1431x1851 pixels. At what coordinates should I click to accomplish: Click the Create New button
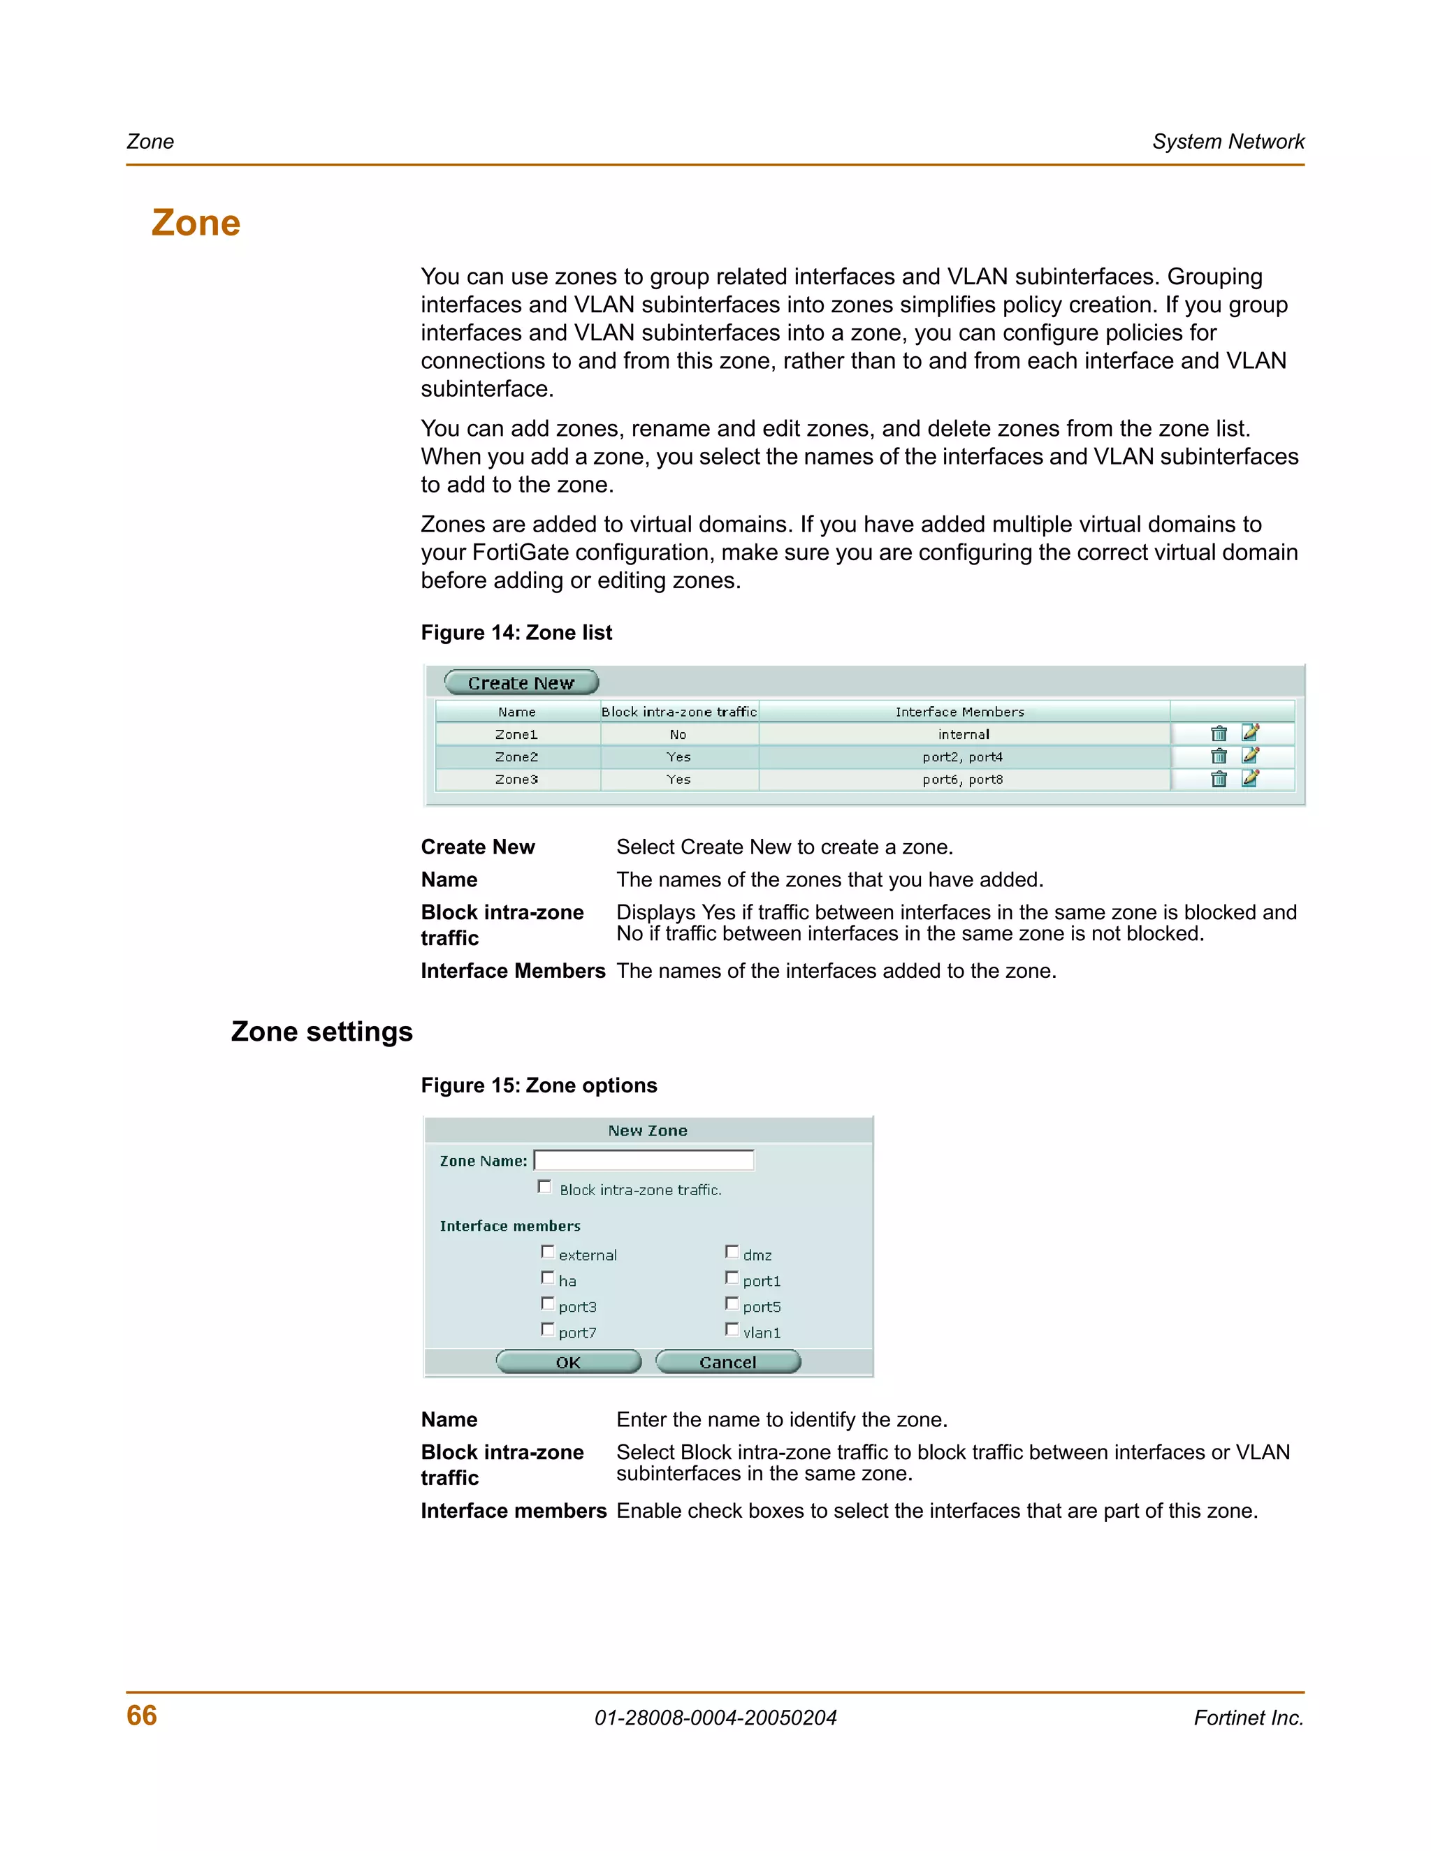pyautogui.click(x=521, y=682)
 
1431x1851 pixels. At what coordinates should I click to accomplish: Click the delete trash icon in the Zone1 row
pyautogui.click(x=1218, y=734)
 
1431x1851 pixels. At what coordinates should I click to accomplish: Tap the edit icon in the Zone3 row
pyautogui.click(x=1249, y=778)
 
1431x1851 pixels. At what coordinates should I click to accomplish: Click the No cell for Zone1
pyautogui.click(x=678, y=735)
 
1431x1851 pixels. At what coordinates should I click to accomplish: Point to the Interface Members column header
pyautogui.click(x=959, y=712)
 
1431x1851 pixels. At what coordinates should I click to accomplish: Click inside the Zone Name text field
pyautogui.click(x=644, y=1160)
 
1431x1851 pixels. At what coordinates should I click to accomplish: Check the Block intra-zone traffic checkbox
pyautogui.click(x=545, y=1187)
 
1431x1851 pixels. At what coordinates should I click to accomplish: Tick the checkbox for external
pyautogui.click(x=548, y=1252)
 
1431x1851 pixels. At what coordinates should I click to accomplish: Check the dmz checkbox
pyautogui.click(x=732, y=1252)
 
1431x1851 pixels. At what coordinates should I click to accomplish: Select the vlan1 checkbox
pyautogui.click(x=732, y=1330)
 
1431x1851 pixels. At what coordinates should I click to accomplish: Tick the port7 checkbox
pyautogui.click(x=548, y=1330)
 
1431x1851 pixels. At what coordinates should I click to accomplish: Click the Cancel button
pyautogui.click(x=727, y=1362)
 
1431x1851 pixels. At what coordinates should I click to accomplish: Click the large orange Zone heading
pyautogui.click(x=196, y=223)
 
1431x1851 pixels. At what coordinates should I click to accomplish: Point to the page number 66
pyautogui.click(x=142, y=1715)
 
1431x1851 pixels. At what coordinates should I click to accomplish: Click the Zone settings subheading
pyautogui.click(x=321, y=1032)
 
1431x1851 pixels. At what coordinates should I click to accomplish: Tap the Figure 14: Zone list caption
pyautogui.click(x=516, y=633)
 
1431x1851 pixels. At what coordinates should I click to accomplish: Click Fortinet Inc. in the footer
pyautogui.click(x=1248, y=1718)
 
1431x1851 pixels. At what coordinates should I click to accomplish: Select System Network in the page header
pyautogui.click(x=1228, y=142)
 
